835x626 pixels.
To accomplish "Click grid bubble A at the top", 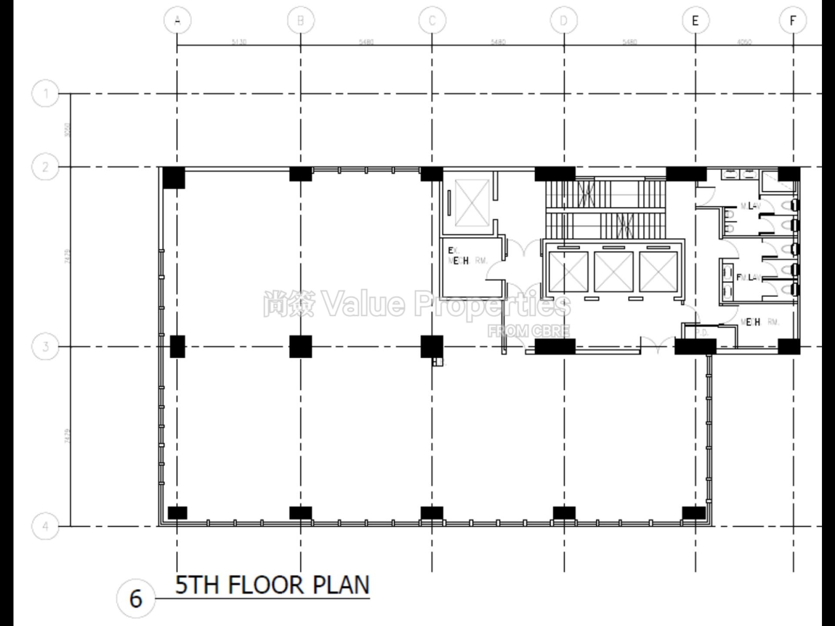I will (x=177, y=20).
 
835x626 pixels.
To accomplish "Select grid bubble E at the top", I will (x=695, y=20).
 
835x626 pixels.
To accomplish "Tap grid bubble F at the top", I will (x=793, y=20).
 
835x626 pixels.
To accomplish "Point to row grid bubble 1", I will (x=46, y=93).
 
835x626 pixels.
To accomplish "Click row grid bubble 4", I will (x=46, y=526).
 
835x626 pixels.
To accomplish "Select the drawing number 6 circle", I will (x=136, y=599).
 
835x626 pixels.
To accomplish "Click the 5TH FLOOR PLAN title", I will (x=272, y=585).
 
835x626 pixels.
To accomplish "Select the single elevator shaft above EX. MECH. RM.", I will (x=472, y=203).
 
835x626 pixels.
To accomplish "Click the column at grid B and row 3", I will (x=301, y=346).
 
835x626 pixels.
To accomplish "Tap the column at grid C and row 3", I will (x=432, y=346).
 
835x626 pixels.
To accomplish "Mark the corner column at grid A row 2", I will (x=174, y=177).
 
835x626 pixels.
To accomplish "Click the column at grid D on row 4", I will (x=564, y=513).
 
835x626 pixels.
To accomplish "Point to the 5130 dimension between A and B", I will (x=239, y=42).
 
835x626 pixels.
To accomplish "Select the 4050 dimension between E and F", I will (x=744, y=42).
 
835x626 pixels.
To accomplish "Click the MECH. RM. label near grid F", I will (x=760, y=322).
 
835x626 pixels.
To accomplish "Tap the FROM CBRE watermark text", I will (x=528, y=331).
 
